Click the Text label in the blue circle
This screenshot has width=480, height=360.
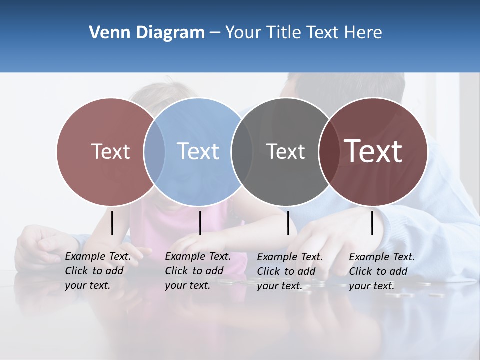(x=198, y=151)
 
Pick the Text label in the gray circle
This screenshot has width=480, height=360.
(x=285, y=151)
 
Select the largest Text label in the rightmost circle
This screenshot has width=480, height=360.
(x=373, y=151)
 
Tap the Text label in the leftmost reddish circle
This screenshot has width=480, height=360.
(x=111, y=151)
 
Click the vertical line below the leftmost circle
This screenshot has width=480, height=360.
(x=112, y=223)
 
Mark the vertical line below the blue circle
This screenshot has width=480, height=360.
(x=200, y=223)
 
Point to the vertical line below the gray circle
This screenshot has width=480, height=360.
(x=288, y=223)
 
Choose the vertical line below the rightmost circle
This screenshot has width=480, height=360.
(x=372, y=223)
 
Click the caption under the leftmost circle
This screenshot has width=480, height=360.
(x=98, y=271)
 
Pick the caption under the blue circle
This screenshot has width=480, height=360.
(x=198, y=271)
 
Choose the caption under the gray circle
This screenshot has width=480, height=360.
(x=290, y=271)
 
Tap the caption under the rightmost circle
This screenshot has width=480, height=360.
(x=382, y=271)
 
